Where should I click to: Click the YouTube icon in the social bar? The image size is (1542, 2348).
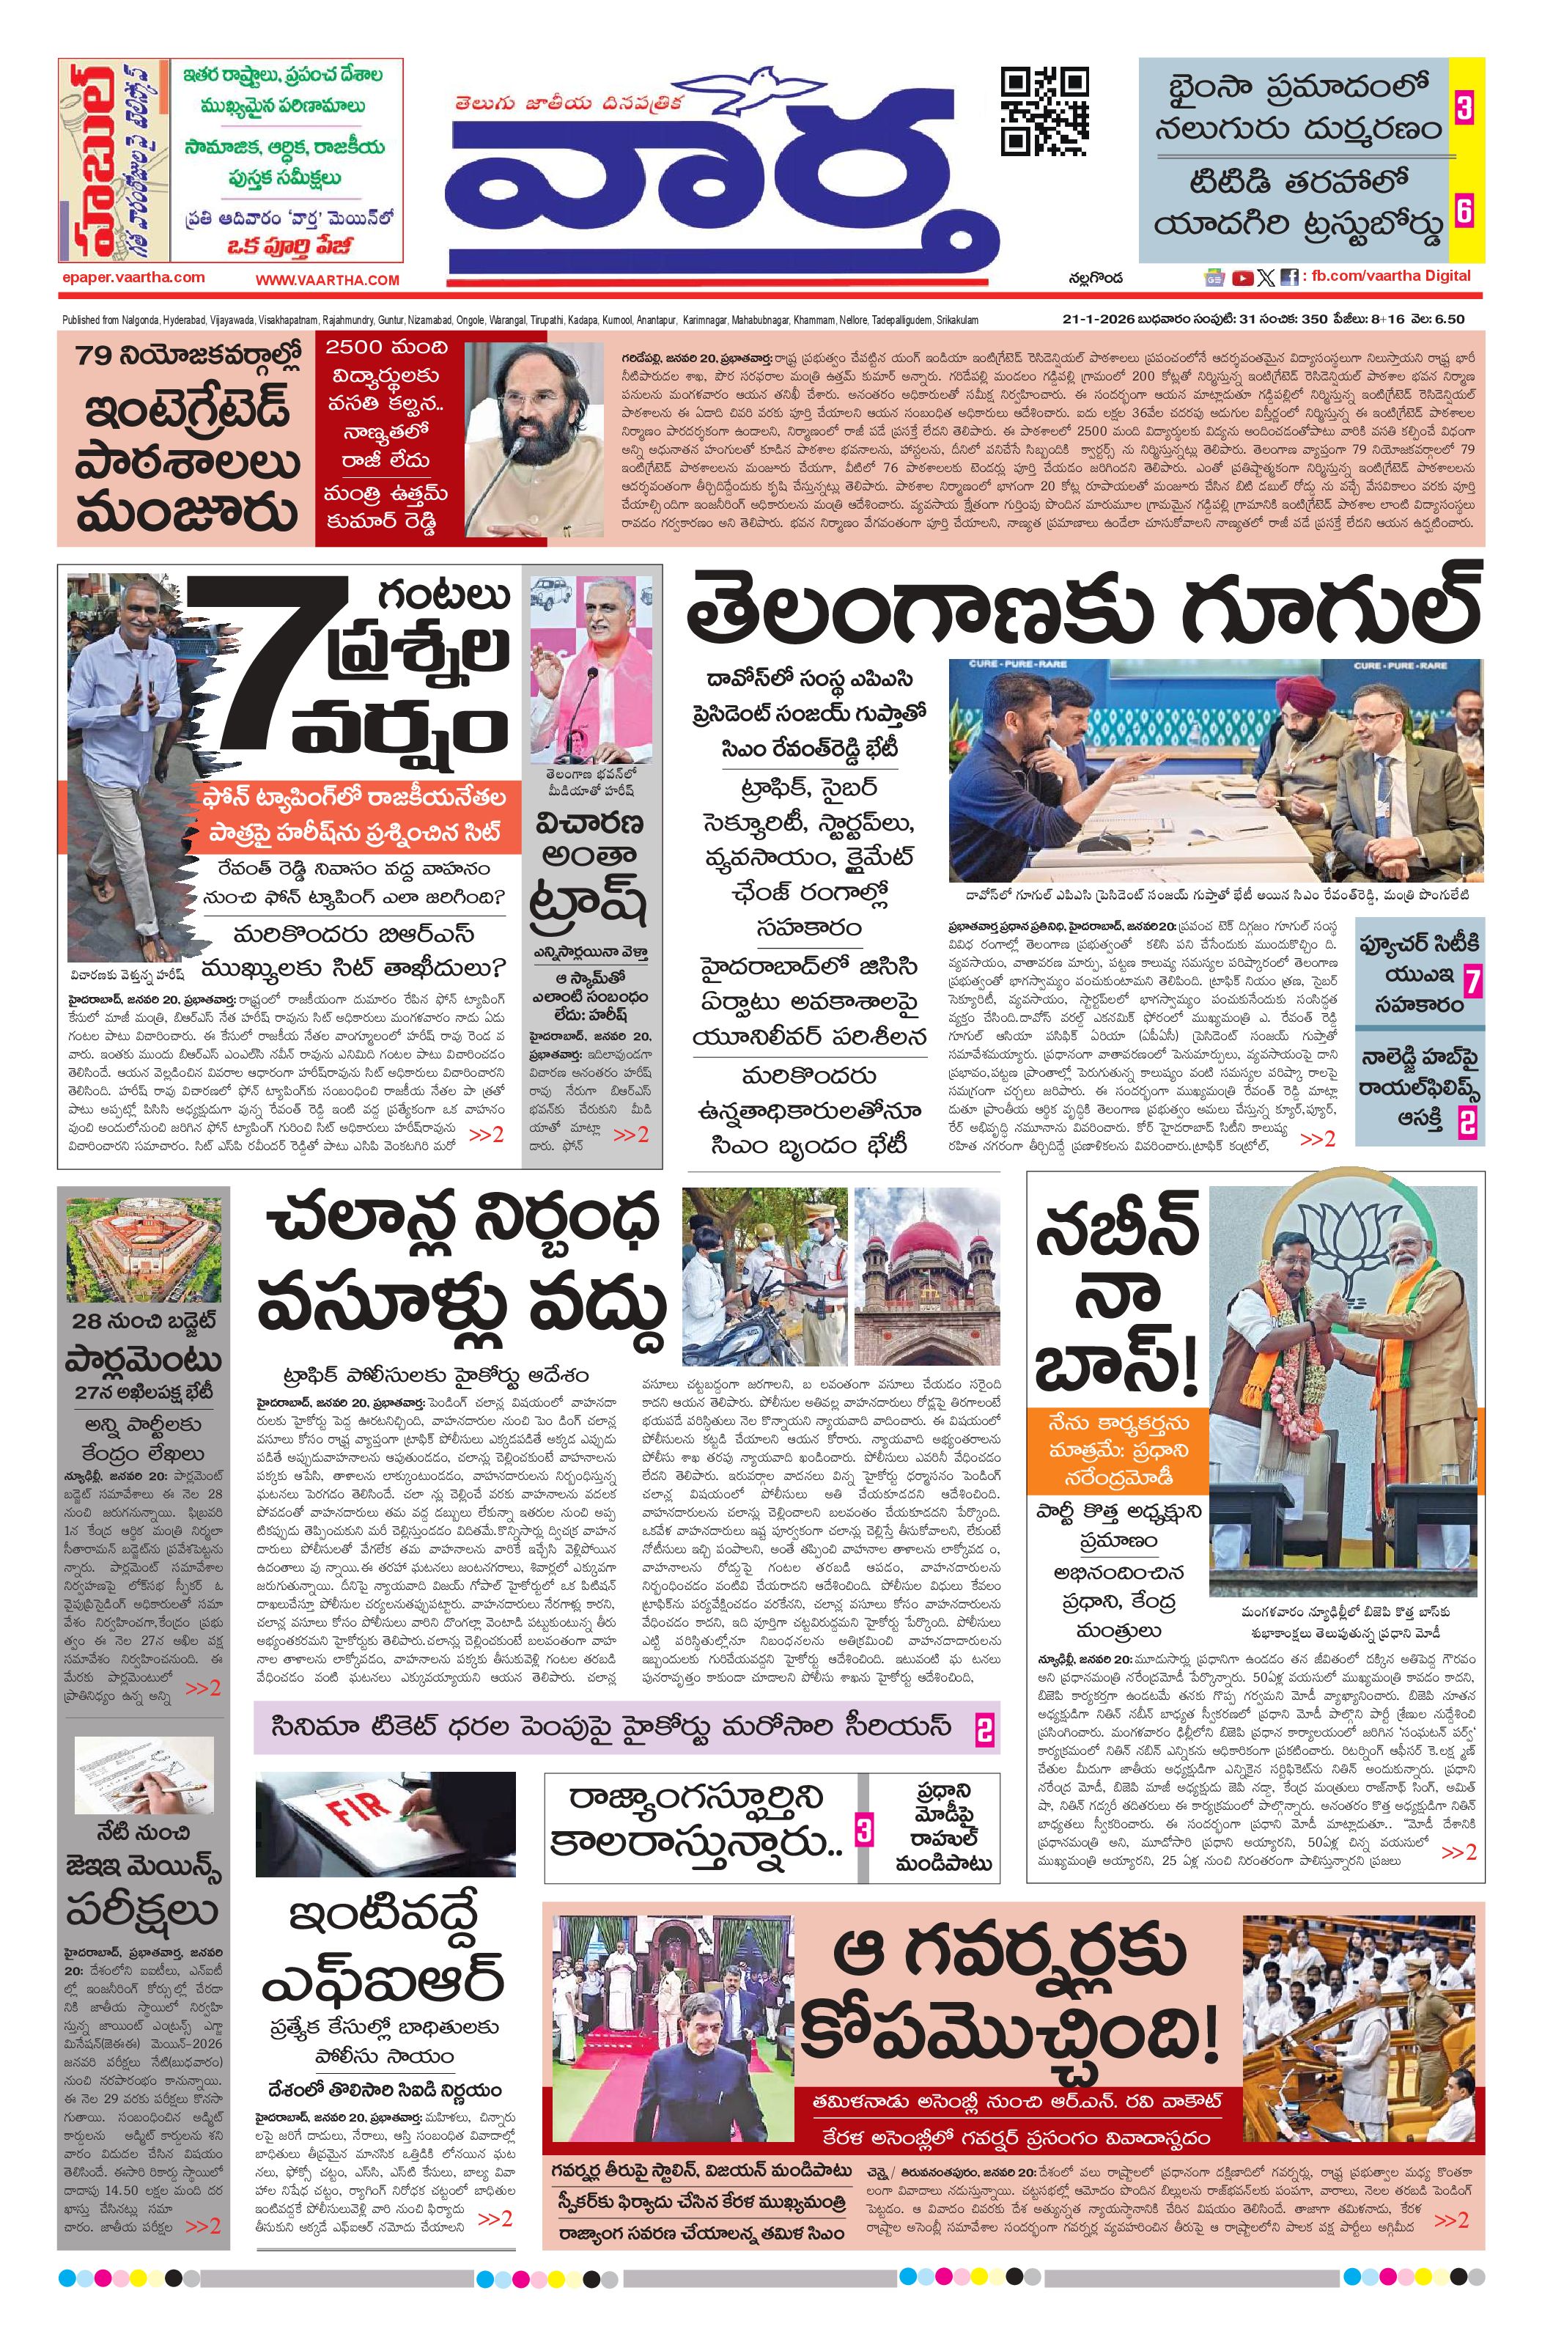[x=1243, y=279]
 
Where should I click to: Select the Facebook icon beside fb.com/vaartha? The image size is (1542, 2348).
[x=1288, y=279]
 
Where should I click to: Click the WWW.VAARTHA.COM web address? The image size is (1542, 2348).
[x=328, y=280]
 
